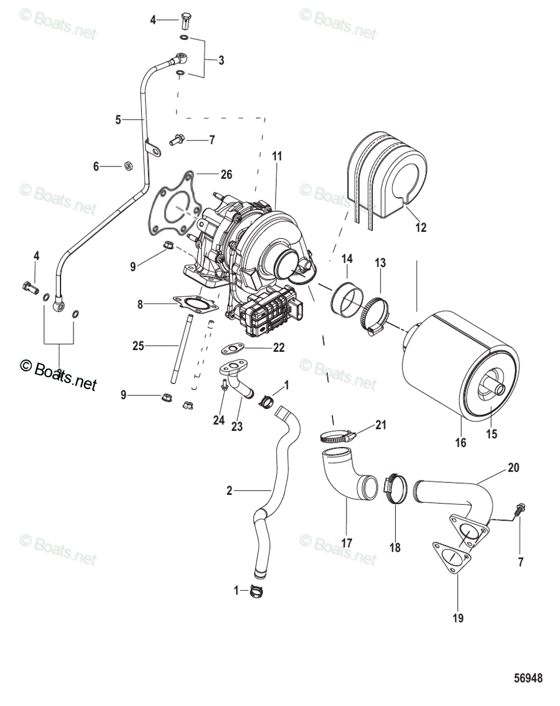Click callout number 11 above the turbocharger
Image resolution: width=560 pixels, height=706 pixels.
click(x=277, y=156)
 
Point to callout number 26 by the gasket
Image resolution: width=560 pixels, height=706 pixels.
click(x=226, y=175)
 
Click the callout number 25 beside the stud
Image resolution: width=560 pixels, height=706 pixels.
click(x=138, y=346)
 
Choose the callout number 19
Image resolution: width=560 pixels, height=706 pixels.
click(x=458, y=618)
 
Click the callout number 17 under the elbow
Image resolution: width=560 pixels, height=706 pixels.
click(x=347, y=542)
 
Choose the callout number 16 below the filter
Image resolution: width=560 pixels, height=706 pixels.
click(x=461, y=442)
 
